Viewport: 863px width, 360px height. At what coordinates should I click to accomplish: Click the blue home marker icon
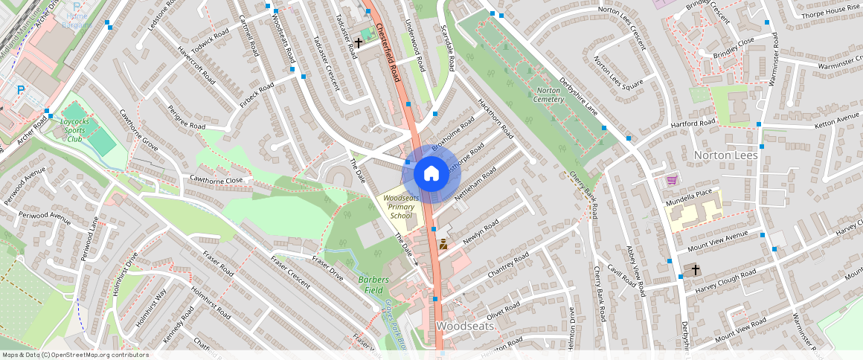pos(431,174)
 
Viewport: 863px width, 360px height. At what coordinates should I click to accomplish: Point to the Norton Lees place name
pos(725,155)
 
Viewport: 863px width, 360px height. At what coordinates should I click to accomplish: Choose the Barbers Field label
pos(374,284)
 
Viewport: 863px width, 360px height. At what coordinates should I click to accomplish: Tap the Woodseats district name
pos(466,326)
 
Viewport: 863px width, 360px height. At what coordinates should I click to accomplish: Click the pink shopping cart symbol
pos(672,179)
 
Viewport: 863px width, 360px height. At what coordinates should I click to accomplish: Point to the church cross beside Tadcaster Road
pos(358,43)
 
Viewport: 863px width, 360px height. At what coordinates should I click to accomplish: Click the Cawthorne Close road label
pos(216,179)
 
